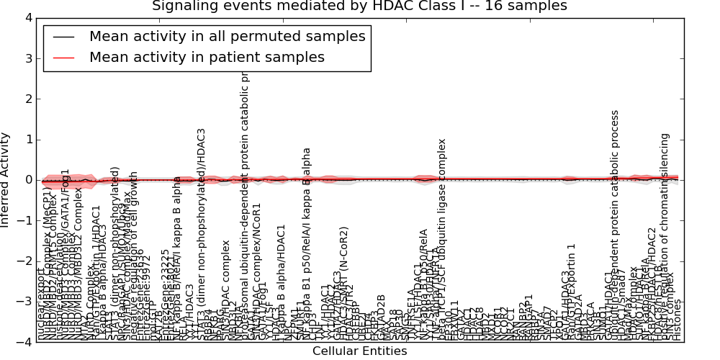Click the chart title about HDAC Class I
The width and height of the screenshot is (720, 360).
(359, 6)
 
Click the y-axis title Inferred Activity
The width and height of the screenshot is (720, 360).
(6, 180)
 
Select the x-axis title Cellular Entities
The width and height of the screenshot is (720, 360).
(359, 351)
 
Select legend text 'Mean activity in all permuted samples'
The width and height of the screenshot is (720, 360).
(227, 36)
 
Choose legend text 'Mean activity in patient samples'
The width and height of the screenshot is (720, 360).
(207, 57)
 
